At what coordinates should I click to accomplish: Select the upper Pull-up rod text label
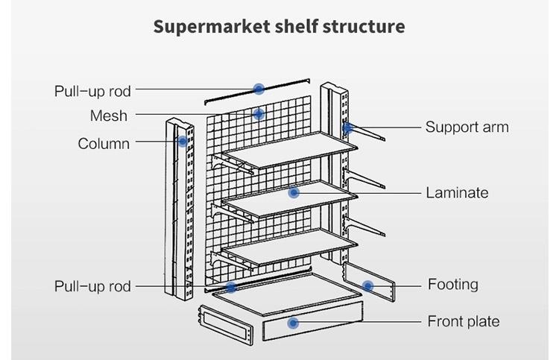pos(92,91)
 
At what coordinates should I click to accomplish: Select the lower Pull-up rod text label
pos(92,286)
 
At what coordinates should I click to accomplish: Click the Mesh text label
pos(109,116)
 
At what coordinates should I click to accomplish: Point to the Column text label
pos(104,143)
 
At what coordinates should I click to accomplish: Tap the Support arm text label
pos(467,127)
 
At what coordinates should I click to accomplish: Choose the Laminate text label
pos(457,192)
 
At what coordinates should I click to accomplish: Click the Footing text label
pos(452,284)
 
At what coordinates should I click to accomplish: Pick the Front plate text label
pos(463,321)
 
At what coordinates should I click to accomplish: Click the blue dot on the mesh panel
pos(259,114)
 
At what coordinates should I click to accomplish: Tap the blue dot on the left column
pos(182,140)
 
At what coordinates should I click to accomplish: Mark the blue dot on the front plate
pos(293,323)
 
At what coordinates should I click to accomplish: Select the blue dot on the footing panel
pos(367,285)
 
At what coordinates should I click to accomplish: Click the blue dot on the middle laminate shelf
pos(294,192)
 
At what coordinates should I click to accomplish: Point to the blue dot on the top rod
pos(259,89)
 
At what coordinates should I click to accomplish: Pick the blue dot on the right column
pos(347,127)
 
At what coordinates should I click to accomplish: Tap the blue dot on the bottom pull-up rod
pos(231,286)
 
